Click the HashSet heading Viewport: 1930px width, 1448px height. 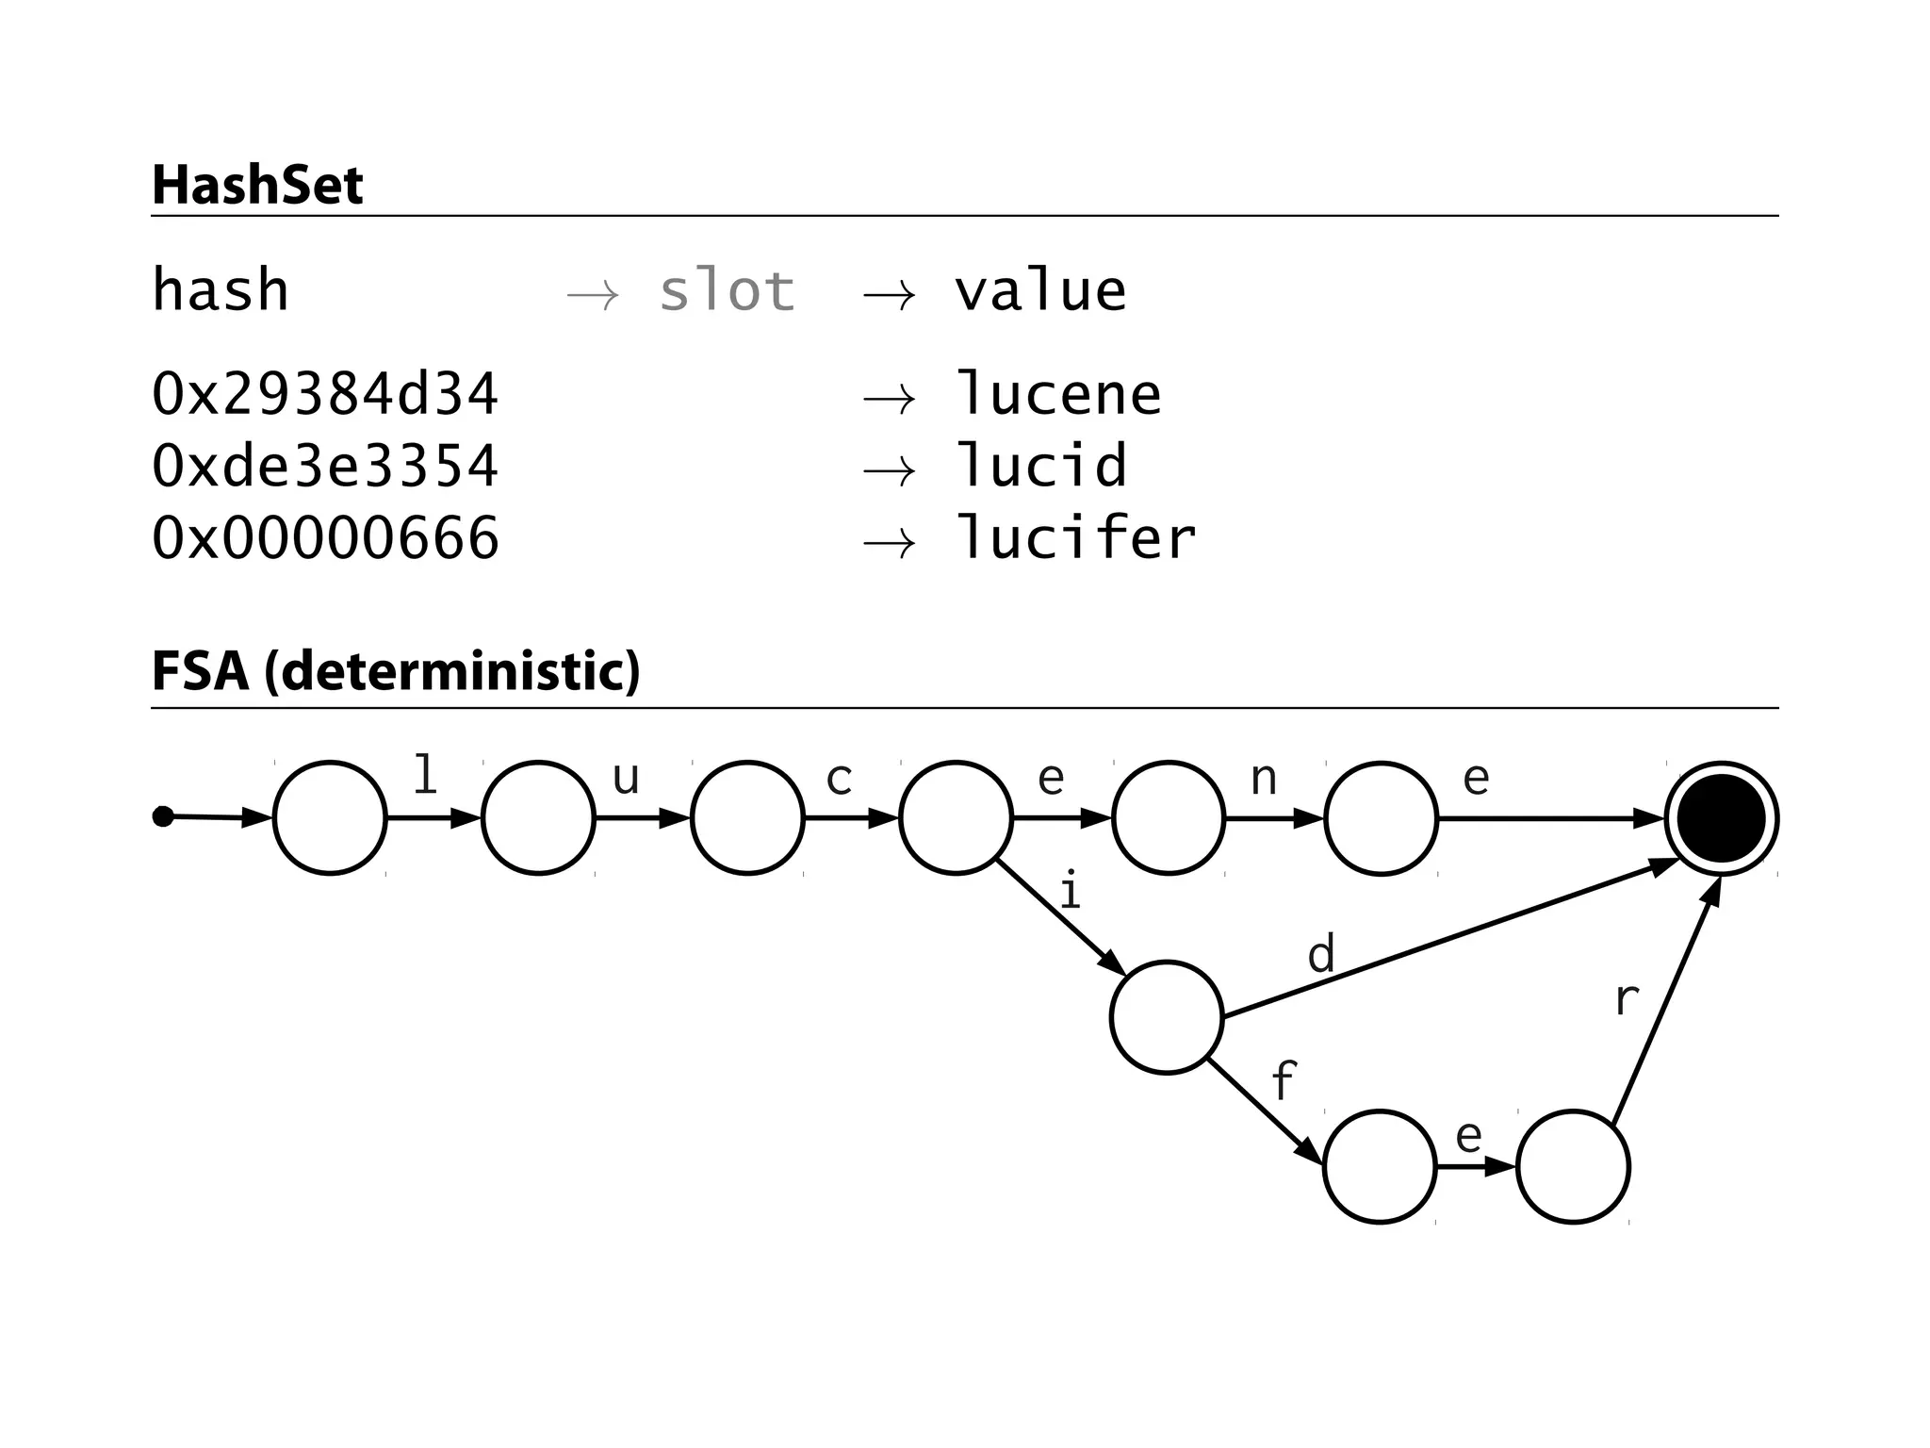257,185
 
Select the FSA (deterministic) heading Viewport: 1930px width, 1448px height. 396,671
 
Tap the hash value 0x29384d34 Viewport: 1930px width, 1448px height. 325,394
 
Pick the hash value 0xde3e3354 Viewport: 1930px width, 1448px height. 325,466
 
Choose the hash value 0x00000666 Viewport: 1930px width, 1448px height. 325,538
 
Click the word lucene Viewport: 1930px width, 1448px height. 1058,394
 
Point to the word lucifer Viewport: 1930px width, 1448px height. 1075,538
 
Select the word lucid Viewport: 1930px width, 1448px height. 1040,466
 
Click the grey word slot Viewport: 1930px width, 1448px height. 727,290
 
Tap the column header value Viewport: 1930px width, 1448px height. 1040,290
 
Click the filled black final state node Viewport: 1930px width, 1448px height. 1721,818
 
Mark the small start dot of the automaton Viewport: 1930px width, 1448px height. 163,816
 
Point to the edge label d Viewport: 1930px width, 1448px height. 1321,954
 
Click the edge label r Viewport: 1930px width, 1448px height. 1627,999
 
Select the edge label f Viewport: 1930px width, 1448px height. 1284,1080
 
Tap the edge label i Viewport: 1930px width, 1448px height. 1069,892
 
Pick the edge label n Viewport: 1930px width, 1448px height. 1264,779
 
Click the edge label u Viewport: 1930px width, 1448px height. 626,779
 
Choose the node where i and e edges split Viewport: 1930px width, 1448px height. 956,818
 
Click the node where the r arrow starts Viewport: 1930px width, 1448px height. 1573,1167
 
